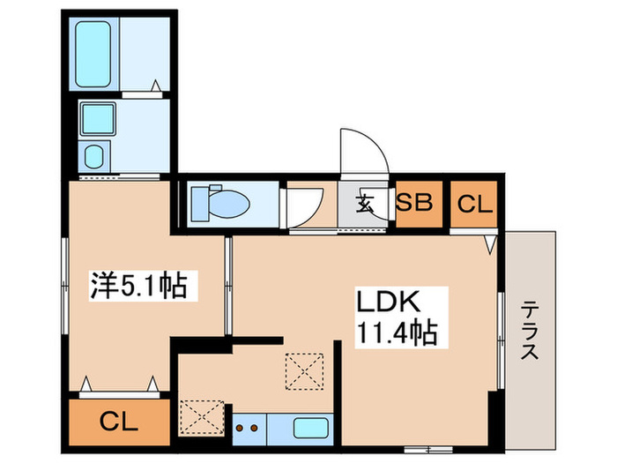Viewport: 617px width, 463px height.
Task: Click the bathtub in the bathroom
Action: [x=95, y=54]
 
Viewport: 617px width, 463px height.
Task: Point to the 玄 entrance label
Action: [x=365, y=205]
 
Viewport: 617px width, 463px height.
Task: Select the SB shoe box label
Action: [x=413, y=204]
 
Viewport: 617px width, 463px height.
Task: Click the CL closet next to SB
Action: [x=474, y=204]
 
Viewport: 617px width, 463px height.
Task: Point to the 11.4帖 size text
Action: [x=397, y=333]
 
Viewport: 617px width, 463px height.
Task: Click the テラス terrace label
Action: [x=531, y=331]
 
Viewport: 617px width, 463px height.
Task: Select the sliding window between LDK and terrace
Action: [x=500, y=340]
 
